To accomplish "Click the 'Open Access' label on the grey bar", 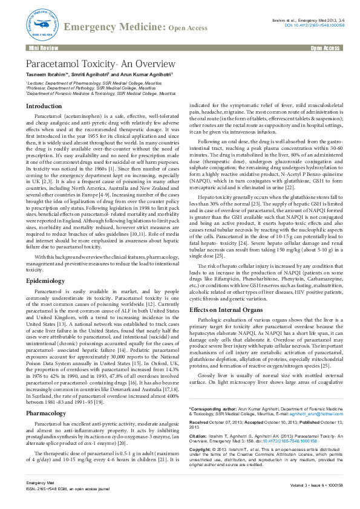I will pos(324,47).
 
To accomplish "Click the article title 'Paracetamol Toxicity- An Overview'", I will pos(100,65).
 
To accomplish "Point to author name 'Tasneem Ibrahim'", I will pos(46,76).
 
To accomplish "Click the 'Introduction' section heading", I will pos(44,106).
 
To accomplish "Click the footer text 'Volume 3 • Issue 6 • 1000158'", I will pos(315,485).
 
